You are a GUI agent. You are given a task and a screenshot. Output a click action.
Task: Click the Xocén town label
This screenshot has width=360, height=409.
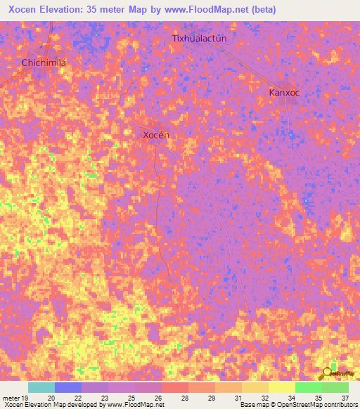[x=156, y=135]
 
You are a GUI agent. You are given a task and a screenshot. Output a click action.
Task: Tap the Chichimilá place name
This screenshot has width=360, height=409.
[x=44, y=63]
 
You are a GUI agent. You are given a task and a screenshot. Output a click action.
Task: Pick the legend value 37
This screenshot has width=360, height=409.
[x=345, y=397]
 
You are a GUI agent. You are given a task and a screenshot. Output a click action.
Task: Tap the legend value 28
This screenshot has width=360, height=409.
[x=184, y=397]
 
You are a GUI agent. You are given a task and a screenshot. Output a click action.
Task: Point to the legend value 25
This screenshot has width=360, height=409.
[x=131, y=397]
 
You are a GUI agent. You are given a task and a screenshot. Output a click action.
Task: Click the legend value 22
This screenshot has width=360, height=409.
[x=77, y=397]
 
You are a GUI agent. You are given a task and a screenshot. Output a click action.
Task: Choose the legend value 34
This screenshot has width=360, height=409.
[x=291, y=397]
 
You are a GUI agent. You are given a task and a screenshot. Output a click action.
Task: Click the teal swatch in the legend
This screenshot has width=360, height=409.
[x=41, y=387]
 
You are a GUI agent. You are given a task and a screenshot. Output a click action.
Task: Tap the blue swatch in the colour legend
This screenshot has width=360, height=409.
[x=68, y=387]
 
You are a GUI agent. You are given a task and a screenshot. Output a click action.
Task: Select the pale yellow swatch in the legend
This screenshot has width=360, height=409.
[x=282, y=387]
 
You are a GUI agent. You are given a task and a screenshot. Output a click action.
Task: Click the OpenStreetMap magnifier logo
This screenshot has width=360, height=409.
[x=326, y=373]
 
